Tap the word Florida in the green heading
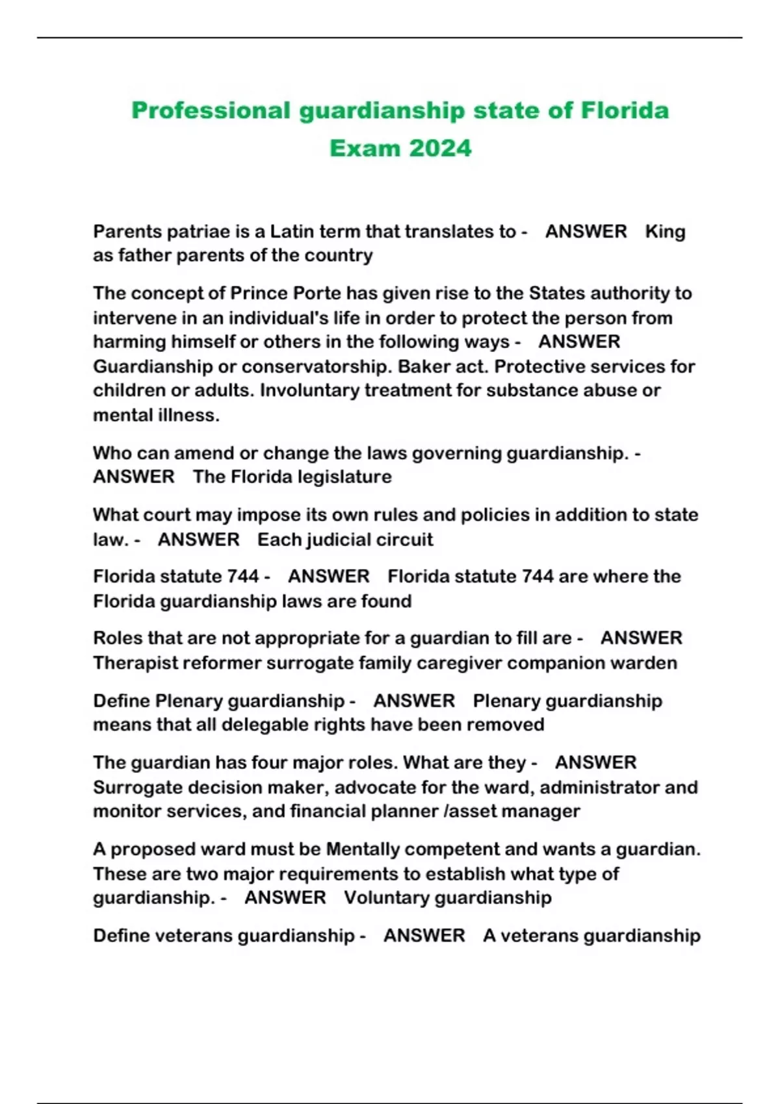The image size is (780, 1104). [x=624, y=110]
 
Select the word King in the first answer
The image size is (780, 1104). [x=665, y=231]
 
